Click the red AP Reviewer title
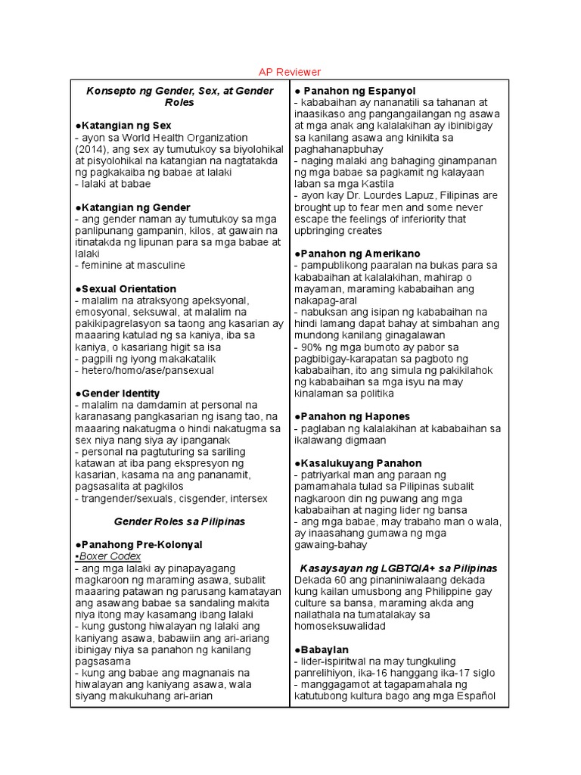coord(290,72)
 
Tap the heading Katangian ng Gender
coord(134,207)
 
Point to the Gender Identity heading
coord(119,394)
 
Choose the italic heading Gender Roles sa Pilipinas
coord(179,521)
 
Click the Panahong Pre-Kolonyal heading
coord(140,545)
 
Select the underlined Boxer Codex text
coord(109,556)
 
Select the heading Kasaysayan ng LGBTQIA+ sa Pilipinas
coord(398,568)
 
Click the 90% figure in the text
coord(311,347)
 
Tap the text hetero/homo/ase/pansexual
coord(144,371)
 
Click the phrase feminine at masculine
coord(132,266)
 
